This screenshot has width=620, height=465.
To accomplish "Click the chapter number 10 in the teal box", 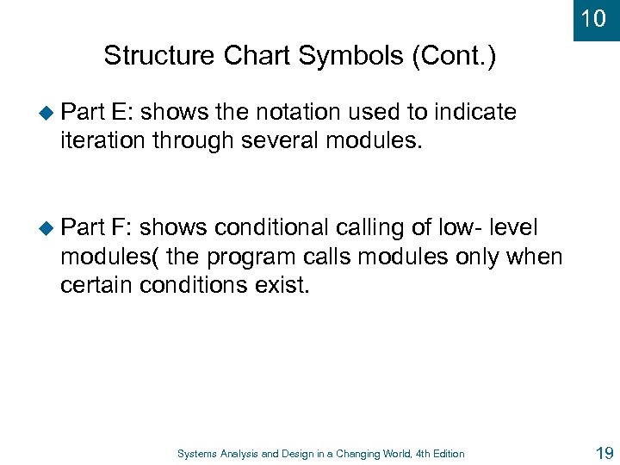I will [x=593, y=18].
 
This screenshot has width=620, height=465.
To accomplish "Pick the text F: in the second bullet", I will [x=122, y=228].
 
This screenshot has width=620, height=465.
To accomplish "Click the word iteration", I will [x=102, y=141].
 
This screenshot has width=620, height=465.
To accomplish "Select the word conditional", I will [x=271, y=228].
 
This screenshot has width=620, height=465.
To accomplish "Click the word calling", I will [x=378, y=228].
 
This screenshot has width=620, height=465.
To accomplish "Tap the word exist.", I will [x=281, y=285].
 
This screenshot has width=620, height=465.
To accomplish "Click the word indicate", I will [x=475, y=113].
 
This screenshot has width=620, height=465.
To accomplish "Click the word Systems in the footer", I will [x=198, y=454].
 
